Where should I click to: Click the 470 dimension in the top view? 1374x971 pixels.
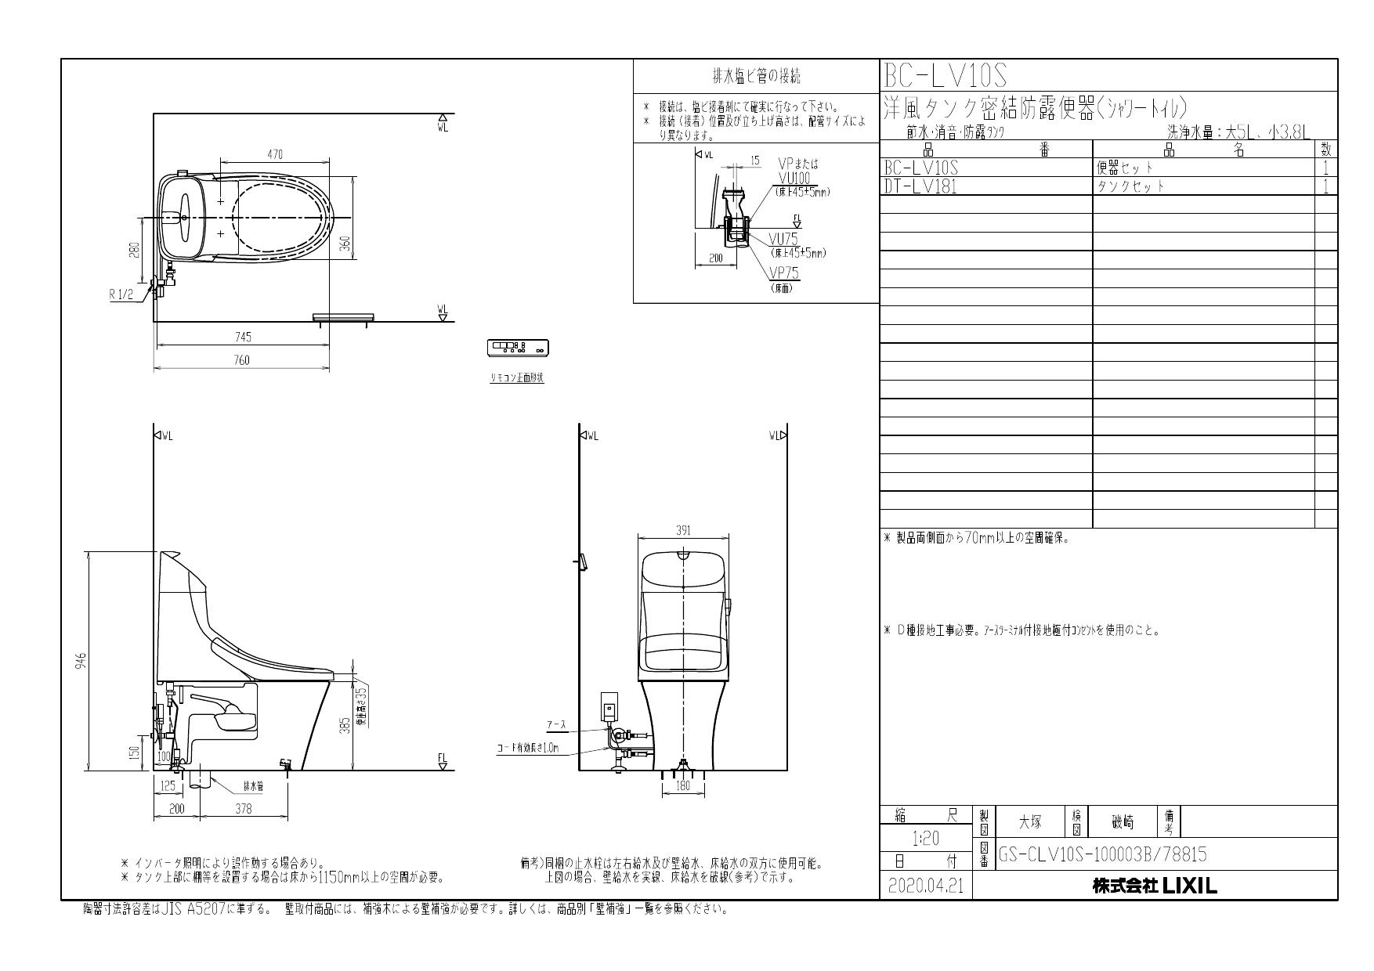click(x=275, y=155)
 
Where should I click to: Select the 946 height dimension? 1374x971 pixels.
click(x=81, y=660)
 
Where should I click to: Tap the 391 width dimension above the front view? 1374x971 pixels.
click(x=683, y=531)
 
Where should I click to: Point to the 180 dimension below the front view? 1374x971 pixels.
click(x=683, y=785)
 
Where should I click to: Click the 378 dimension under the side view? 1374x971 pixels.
click(x=244, y=809)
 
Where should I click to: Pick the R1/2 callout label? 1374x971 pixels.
click(x=122, y=294)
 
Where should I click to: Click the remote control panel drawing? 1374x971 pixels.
click(x=518, y=347)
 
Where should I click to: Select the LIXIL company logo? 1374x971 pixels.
click(x=1155, y=886)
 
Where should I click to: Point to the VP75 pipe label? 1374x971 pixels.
click(x=783, y=273)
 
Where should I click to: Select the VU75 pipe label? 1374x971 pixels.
click(x=783, y=240)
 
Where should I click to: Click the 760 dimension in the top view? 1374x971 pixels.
click(x=242, y=360)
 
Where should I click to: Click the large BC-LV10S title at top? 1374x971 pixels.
click(x=945, y=76)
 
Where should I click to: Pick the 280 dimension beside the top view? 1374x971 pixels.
click(x=134, y=250)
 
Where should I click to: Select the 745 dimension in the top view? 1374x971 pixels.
click(x=243, y=338)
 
